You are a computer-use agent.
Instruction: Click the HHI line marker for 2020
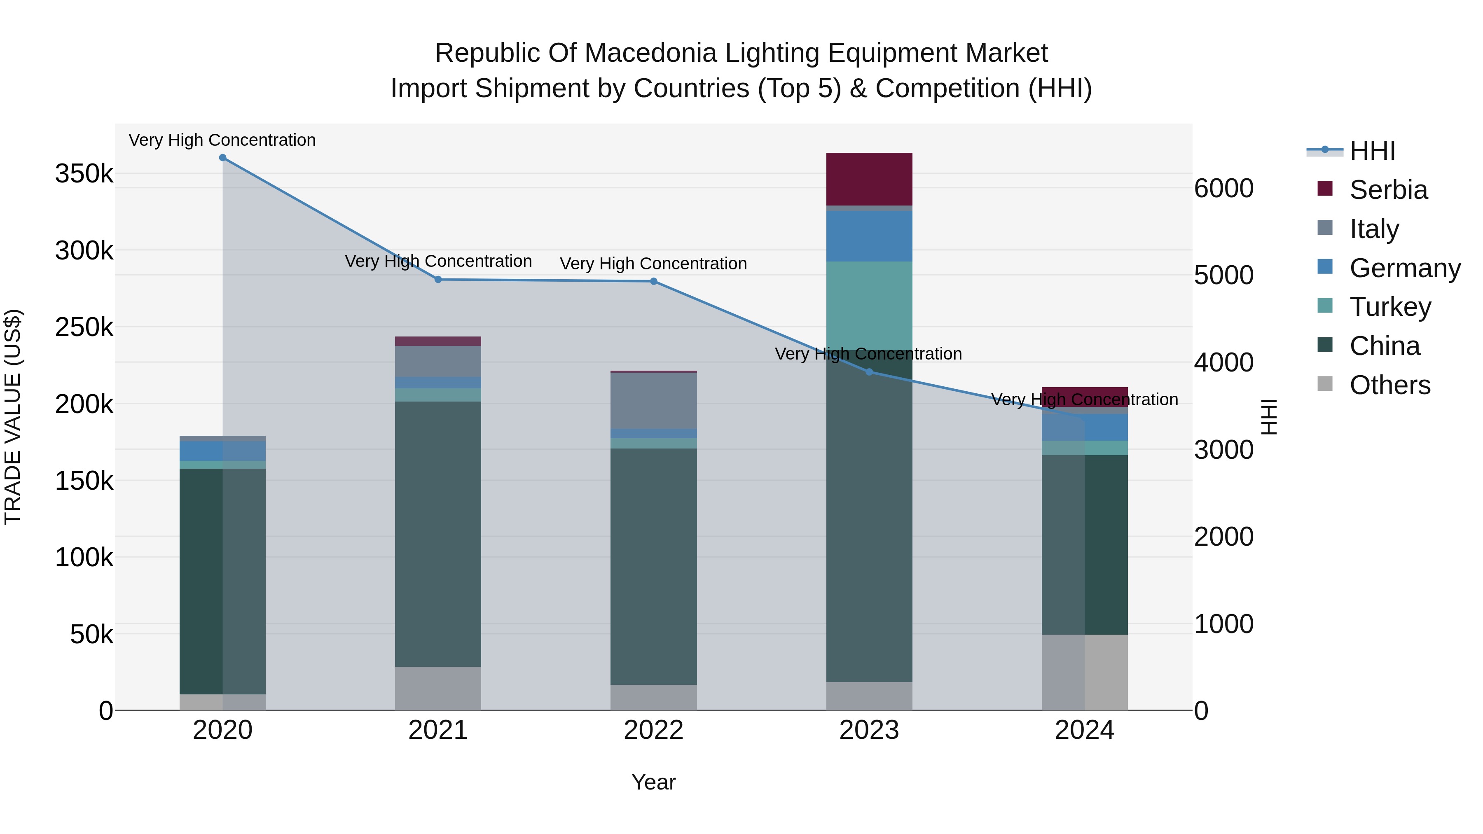coord(223,158)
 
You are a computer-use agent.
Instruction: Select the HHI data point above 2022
coord(653,281)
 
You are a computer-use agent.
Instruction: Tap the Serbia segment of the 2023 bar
coord(869,179)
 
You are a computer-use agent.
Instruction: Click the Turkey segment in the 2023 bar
coord(869,305)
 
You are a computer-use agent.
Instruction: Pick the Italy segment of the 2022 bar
coord(653,401)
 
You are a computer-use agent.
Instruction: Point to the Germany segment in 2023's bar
coord(869,236)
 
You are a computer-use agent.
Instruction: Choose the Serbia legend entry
coord(1387,190)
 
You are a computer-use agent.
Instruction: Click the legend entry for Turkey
coord(1390,307)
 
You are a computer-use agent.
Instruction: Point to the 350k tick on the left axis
coord(84,174)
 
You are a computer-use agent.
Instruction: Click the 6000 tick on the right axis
coord(1223,189)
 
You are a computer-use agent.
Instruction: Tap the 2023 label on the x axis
coord(869,730)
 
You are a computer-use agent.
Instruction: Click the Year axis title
coord(653,782)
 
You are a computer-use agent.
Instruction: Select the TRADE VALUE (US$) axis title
coord(13,417)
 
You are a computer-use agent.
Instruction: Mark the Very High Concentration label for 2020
coord(222,140)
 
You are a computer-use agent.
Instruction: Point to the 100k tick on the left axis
coord(84,558)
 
